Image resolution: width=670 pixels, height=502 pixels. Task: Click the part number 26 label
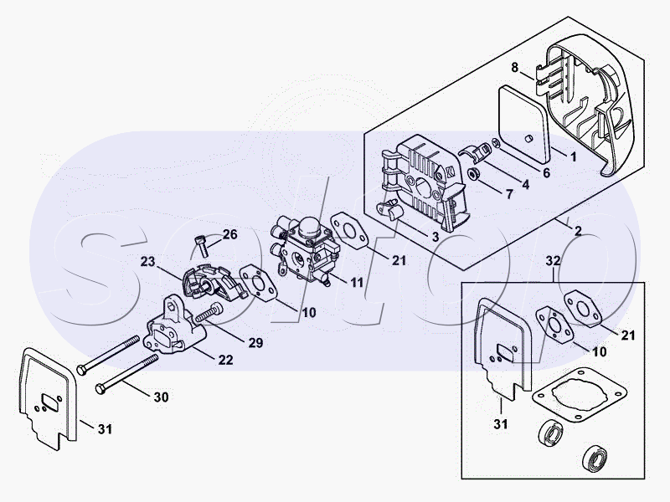[230, 234]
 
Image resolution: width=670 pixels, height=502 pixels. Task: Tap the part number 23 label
[148, 261]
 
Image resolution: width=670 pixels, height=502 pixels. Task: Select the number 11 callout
[357, 282]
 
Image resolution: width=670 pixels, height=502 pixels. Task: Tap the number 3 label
[435, 238]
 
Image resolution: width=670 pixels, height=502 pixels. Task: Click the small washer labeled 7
[473, 175]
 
